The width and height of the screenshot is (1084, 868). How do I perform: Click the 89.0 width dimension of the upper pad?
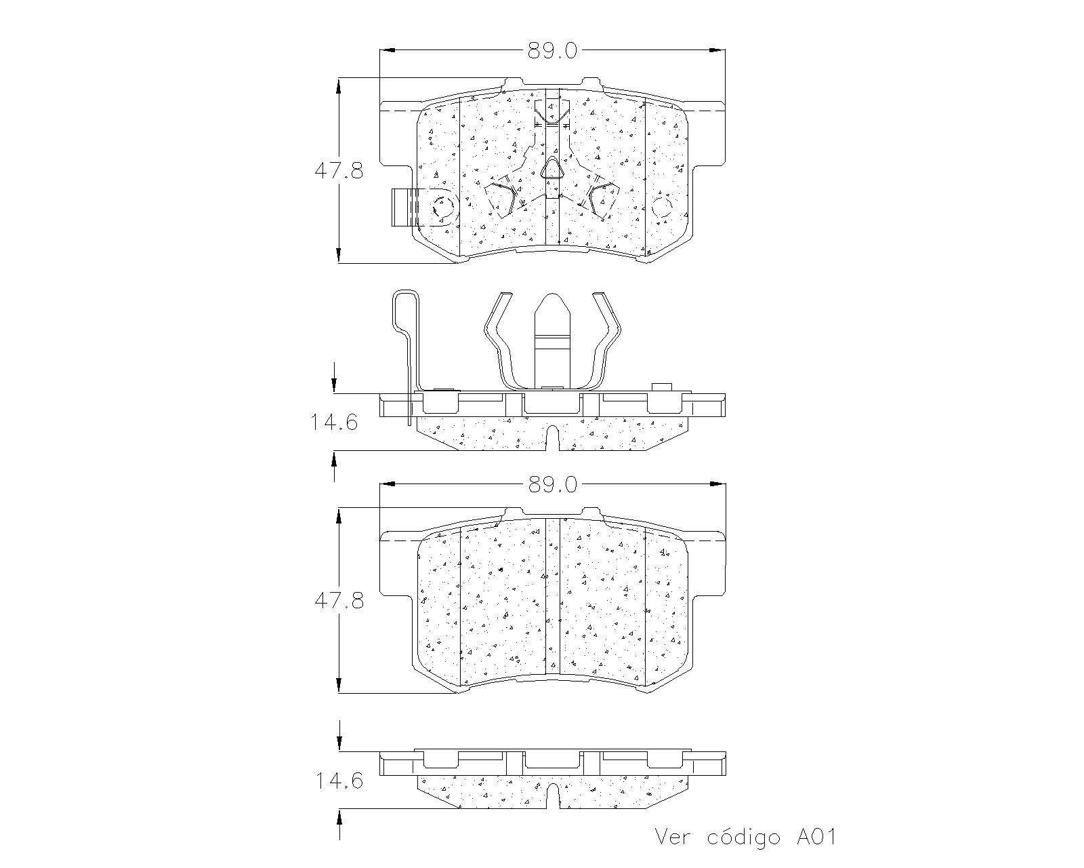click(552, 51)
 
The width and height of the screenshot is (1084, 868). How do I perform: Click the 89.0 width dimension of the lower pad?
click(552, 485)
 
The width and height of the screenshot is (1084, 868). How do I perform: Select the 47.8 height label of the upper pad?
click(339, 171)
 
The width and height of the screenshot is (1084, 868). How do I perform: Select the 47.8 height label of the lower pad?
click(339, 601)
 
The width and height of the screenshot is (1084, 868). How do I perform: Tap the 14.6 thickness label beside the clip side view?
click(334, 422)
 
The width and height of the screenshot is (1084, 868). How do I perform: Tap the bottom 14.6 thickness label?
click(339, 781)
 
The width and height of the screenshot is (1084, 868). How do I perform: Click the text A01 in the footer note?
click(816, 837)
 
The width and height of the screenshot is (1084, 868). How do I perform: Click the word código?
click(743, 837)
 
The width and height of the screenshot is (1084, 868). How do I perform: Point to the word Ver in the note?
click(672, 837)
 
